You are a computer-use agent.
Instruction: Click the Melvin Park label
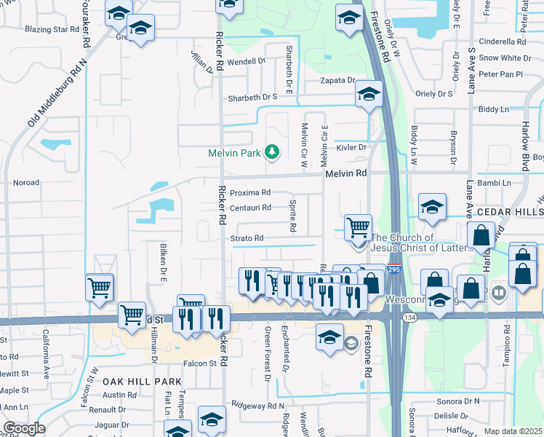233,153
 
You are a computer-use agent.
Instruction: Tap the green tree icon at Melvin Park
272,151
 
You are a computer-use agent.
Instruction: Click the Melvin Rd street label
346,173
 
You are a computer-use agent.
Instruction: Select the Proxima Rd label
250,193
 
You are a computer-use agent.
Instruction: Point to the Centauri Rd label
250,208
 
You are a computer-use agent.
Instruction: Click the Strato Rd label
247,238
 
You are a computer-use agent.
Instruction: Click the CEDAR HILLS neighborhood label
509,211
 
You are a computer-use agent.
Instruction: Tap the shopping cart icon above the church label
358,227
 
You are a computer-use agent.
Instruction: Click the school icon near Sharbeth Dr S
369,94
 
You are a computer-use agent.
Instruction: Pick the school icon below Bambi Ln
432,207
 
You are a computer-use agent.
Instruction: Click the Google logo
23,428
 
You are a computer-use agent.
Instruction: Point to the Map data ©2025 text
513,431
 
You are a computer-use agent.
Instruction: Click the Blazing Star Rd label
52,30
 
